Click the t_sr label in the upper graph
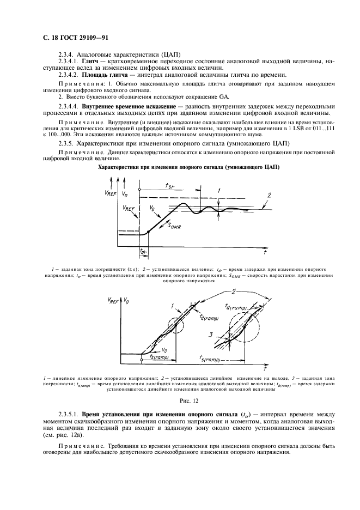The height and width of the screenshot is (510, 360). click(170, 187)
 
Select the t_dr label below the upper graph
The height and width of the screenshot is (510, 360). click(143, 251)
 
